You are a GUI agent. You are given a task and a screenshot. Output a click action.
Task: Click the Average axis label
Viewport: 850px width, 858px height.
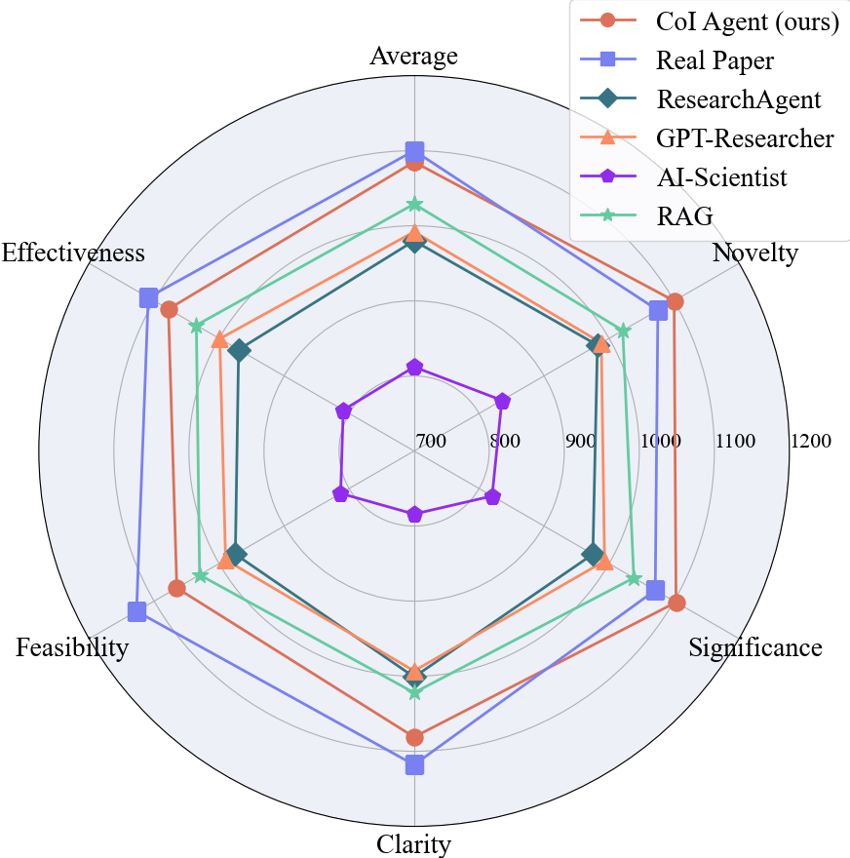tap(413, 57)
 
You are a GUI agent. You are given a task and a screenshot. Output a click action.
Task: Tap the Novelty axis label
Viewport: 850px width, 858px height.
tap(754, 254)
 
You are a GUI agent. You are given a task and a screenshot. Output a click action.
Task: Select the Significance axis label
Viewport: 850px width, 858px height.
tap(754, 648)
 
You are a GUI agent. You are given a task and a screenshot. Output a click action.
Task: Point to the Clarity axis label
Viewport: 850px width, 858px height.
tap(413, 844)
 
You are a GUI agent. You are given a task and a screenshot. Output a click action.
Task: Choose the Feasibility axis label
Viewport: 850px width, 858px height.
tap(72, 648)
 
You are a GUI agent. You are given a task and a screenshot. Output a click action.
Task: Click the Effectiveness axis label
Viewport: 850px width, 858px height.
tap(73, 253)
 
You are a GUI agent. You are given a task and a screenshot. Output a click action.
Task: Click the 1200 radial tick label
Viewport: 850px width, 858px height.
tap(811, 442)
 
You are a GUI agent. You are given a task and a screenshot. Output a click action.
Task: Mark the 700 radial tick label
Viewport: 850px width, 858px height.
tap(430, 442)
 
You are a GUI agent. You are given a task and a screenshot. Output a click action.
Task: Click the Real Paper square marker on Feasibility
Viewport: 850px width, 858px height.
tap(137, 612)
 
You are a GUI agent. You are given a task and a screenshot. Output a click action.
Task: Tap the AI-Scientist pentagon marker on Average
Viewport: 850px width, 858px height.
tap(414, 368)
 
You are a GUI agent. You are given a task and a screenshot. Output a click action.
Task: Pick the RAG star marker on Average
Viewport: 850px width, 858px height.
tap(414, 205)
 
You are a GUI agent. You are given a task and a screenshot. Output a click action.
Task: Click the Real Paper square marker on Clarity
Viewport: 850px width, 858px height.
tap(414, 764)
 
